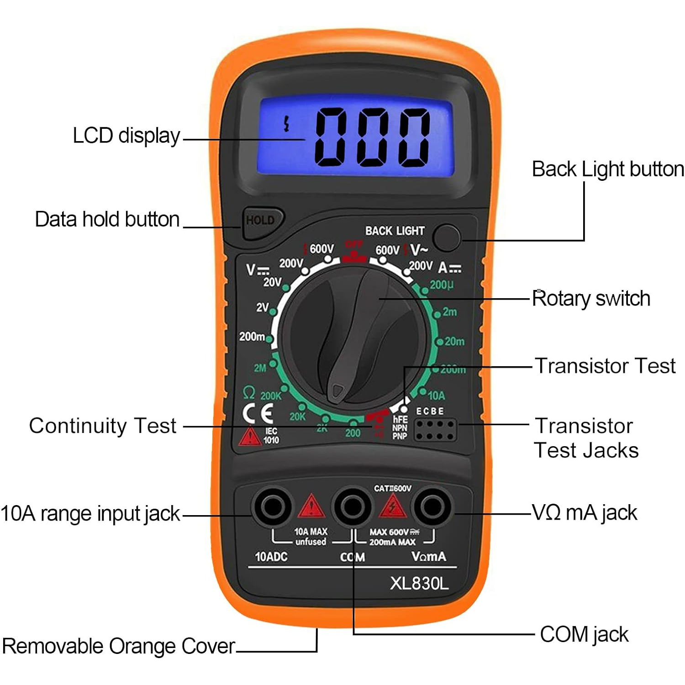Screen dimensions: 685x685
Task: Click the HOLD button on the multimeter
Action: point(261,221)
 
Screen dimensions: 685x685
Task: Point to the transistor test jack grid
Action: point(435,430)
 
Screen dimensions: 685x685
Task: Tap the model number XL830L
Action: point(419,583)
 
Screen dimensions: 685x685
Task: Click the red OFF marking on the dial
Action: point(354,244)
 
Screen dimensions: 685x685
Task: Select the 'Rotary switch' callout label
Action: point(591,299)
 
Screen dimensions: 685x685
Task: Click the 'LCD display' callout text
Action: point(126,136)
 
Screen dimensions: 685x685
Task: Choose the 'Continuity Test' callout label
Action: point(103,426)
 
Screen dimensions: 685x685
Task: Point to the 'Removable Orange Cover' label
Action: point(118,646)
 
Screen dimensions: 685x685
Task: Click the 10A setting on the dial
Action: point(436,395)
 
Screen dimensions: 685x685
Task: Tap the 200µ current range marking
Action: point(442,285)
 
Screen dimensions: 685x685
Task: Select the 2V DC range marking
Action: point(262,307)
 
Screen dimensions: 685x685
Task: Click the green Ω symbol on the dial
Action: point(249,392)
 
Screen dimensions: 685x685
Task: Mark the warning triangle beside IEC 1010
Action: point(249,437)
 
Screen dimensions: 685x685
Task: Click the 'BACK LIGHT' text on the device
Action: point(395,231)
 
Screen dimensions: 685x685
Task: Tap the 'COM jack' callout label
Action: point(584,635)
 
